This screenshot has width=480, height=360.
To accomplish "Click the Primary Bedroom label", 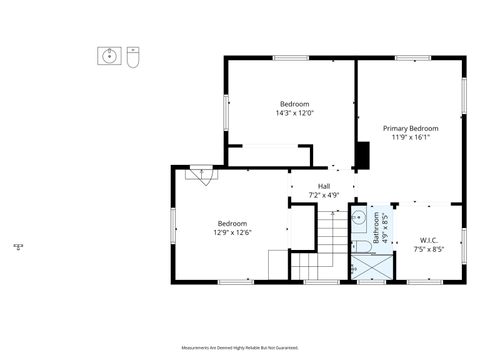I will pos(410,128).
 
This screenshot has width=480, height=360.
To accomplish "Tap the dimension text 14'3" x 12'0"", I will pos(294,113).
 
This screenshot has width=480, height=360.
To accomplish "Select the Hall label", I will pos(324,186).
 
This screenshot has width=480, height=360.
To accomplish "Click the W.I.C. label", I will pos(429,240).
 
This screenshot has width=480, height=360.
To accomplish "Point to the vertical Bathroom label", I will pos(377,227).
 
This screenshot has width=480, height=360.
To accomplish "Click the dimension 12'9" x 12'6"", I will pos(231,232).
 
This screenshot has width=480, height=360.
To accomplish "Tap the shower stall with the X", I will pos(371,267).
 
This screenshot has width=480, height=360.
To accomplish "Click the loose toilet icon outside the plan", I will pos(132,58).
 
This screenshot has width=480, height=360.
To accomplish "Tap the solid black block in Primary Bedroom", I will pos(363,155).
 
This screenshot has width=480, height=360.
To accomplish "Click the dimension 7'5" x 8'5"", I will pos(429,249).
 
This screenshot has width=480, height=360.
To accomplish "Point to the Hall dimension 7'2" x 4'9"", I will pos(324,195).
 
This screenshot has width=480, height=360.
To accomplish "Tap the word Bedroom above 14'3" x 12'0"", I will pos(294,104).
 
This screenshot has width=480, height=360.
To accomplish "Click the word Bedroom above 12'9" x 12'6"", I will pos(231,223).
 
